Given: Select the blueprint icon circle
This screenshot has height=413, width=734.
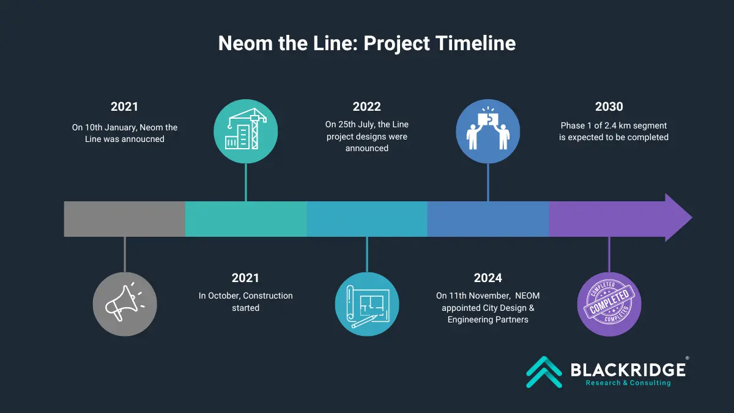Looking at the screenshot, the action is (367, 304).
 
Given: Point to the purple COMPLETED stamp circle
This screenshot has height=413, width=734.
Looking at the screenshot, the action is (609, 304).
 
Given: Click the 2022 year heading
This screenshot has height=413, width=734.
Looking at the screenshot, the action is (366, 106).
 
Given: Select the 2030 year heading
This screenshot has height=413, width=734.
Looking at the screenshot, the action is (609, 106).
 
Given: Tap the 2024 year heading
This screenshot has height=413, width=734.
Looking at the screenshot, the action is (488, 278).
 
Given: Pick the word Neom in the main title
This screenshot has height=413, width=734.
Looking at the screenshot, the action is (245, 43).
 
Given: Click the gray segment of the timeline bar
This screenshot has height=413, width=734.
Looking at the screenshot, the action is (125, 219).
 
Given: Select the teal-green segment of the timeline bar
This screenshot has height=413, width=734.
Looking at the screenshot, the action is (246, 219).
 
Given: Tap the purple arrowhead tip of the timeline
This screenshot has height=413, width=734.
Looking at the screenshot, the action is (692, 217).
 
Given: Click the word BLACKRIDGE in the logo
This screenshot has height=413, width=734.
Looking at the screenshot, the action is (628, 370).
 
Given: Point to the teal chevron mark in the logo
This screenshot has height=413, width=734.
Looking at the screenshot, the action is (544, 372).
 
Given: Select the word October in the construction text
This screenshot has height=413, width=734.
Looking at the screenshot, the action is (224, 296).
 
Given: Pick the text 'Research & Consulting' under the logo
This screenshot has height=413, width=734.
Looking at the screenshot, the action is (628, 383).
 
